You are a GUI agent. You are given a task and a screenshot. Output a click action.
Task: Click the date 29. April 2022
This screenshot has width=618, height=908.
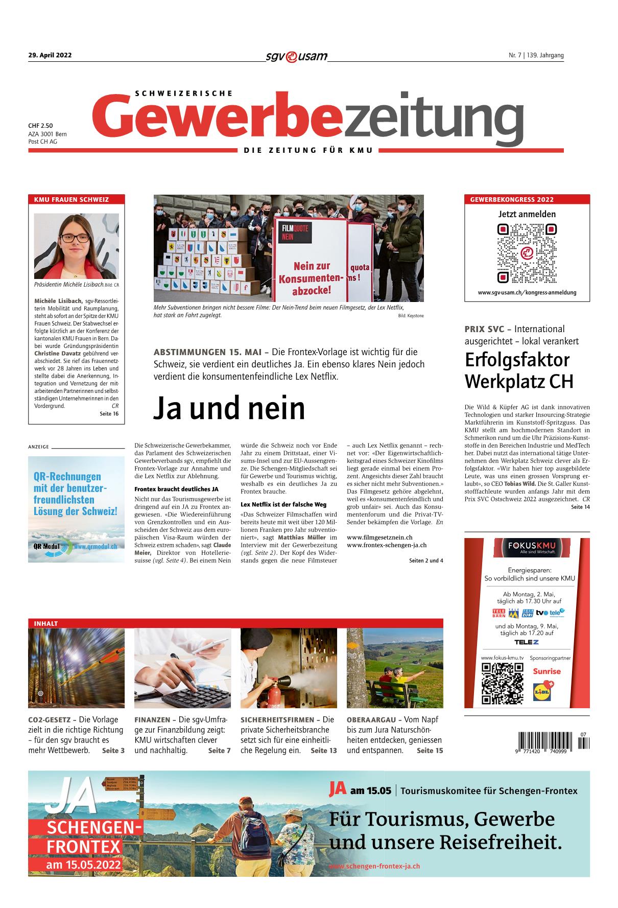pos(50,56)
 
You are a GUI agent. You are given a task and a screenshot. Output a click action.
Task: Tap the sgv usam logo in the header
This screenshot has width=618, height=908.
pos(296,56)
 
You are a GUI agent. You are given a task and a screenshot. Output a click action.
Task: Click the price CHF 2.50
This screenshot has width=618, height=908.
pos(40,125)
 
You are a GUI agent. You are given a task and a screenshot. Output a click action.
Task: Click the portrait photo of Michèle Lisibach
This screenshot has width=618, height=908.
pos(76,246)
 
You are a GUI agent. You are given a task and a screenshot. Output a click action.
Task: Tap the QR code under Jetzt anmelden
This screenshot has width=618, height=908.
pos(527,253)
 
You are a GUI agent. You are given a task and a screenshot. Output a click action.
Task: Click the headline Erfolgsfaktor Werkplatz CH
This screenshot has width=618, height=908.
pos(519,370)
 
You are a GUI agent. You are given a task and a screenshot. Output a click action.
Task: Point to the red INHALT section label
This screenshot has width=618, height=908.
pos(46,623)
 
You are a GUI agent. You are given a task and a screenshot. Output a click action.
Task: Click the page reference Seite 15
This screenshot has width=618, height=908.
pos(430,751)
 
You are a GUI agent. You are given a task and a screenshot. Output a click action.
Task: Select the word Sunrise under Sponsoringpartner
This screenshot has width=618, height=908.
pos(546,671)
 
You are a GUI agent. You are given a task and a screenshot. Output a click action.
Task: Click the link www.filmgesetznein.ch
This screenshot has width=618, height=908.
pos(379,537)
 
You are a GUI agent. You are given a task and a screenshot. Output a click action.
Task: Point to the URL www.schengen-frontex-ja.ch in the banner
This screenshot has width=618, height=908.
pos(374,866)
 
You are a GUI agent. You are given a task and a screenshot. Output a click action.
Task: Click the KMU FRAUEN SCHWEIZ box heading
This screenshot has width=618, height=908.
pos(71,199)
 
